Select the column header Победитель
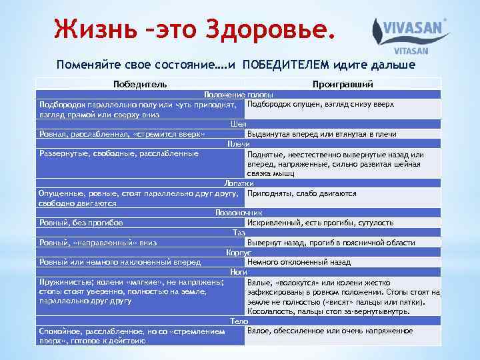coord(140,84)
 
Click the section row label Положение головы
coord(238,94)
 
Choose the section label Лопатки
coord(238,183)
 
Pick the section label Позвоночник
coord(238,213)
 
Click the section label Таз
coord(238,233)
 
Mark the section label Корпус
coord(238,253)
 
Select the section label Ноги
coord(238,272)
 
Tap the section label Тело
coord(238,321)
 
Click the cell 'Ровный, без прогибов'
coord(81,223)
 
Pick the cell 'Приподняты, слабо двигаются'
coord(301,193)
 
